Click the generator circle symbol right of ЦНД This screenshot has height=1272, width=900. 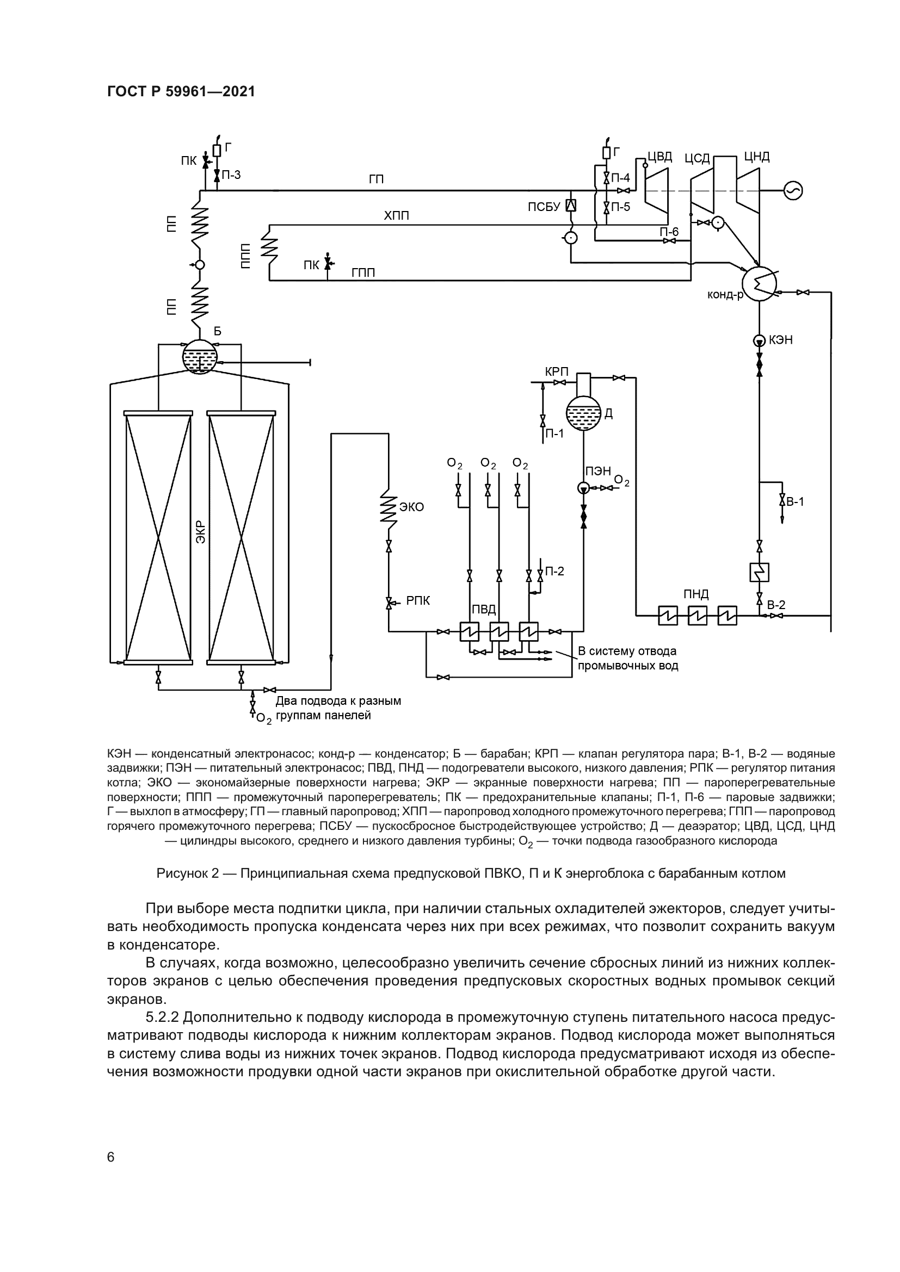(x=793, y=190)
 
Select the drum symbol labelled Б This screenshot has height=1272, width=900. (x=200, y=357)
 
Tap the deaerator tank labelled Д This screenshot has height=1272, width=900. (x=583, y=413)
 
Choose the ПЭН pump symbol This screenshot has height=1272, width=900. (x=583, y=488)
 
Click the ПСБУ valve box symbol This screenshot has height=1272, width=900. (x=570, y=206)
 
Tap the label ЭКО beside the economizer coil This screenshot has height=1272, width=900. (x=411, y=507)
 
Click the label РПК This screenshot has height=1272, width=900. (x=418, y=600)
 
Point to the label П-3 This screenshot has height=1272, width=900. (x=231, y=175)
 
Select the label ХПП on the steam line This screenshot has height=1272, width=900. (x=396, y=215)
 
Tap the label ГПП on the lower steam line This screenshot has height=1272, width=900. (x=363, y=272)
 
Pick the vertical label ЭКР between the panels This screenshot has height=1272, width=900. (x=200, y=532)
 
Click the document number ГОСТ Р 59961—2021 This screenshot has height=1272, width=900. (x=181, y=91)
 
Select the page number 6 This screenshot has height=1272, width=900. (x=111, y=1157)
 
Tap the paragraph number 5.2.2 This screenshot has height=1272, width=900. (x=162, y=1017)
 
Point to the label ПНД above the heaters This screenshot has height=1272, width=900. (x=696, y=594)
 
